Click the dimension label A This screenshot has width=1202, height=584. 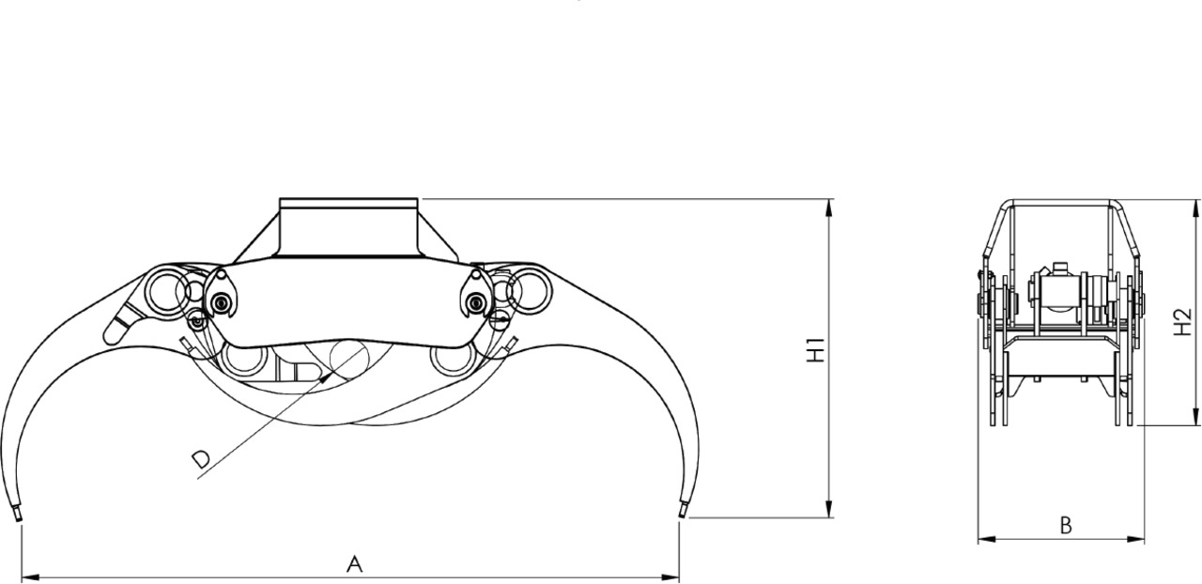click(x=355, y=564)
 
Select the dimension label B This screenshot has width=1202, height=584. click(x=1066, y=526)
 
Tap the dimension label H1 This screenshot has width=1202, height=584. click(x=816, y=350)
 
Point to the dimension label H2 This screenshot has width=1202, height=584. click(x=1182, y=322)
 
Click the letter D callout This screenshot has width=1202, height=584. click(x=201, y=459)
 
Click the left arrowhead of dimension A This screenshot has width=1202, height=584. click(x=29, y=578)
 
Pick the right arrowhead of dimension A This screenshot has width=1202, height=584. click(x=670, y=578)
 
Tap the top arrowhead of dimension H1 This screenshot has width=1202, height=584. click(x=829, y=207)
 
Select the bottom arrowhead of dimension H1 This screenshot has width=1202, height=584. click(x=829, y=510)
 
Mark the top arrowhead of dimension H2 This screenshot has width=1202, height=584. click(x=1195, y=208)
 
